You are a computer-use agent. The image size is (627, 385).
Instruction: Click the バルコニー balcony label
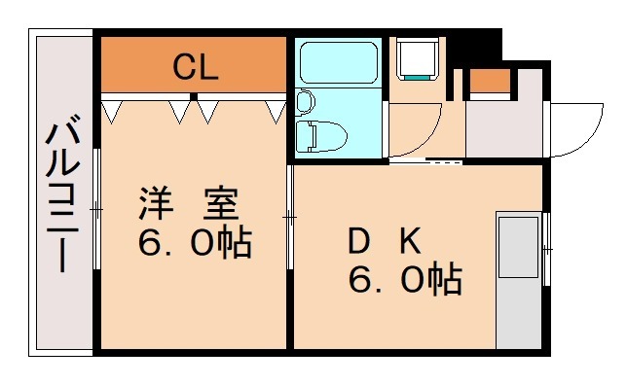(61, 194)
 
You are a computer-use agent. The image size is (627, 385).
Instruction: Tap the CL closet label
(195, 67)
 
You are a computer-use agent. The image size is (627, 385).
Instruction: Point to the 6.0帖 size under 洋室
(194, 243)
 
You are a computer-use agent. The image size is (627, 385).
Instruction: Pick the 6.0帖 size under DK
(405, 282)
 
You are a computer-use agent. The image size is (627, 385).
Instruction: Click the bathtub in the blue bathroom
(339, 63)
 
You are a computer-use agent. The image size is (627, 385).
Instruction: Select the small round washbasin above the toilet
(305, 100)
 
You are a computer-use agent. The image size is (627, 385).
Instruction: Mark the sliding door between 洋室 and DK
(290, 219)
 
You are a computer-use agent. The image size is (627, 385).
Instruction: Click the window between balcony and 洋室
(97, 209)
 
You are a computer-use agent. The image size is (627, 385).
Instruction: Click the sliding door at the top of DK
(428, 161)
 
